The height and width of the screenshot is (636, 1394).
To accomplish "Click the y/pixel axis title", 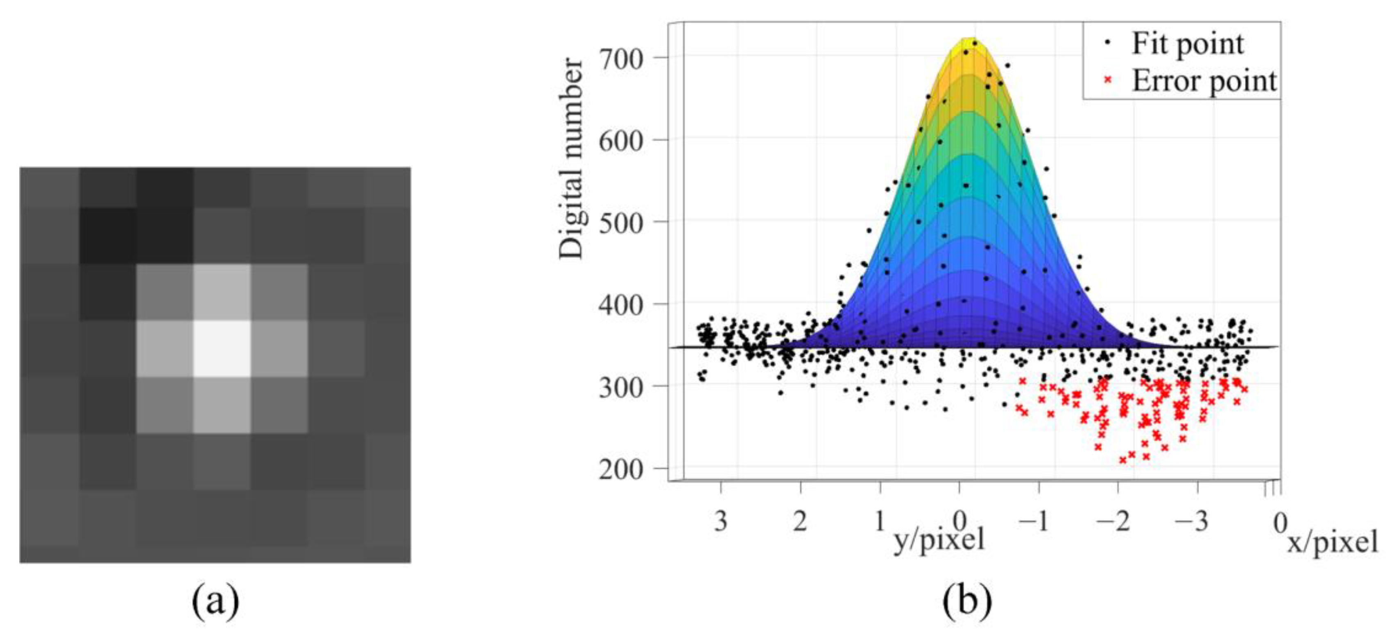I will tap(939, 539).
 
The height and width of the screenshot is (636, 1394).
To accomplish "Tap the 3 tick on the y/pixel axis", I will tap(721, 521).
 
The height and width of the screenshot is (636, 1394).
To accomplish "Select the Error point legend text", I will tap(1204, 81).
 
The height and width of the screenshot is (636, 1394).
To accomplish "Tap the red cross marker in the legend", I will tap(1107, 80).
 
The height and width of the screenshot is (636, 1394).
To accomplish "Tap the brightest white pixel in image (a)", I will tap(222, 348).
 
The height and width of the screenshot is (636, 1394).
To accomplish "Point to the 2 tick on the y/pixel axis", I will tap(800, 521).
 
